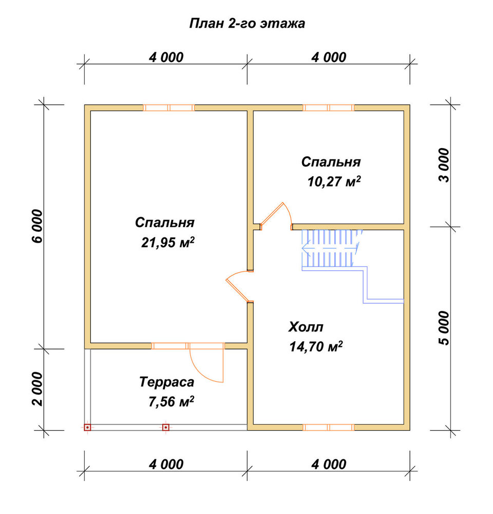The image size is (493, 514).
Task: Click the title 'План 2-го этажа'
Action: [247, 24]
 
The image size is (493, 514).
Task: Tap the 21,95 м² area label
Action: [168, 243]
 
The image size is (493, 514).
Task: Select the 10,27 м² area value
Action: [334, 181]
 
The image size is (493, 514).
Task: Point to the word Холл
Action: [306, 327]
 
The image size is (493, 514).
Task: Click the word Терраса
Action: [167, 382]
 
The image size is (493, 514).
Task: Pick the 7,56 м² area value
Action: [171, 401]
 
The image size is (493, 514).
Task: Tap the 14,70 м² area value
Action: [316, 346]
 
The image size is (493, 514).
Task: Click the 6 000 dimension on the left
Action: [38, 226]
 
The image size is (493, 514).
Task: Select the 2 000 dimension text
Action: [38, 389]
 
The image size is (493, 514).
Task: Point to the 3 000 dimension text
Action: [445, 165]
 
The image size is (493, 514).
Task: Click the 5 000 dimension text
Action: [445, 328]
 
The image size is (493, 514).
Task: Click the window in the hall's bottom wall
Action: [329, 427]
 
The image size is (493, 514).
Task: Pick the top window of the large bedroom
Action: [169, 108]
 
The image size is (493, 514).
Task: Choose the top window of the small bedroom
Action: [329, 108]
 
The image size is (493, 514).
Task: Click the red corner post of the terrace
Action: [87, 428]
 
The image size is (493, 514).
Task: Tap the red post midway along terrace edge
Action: [166, 428]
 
